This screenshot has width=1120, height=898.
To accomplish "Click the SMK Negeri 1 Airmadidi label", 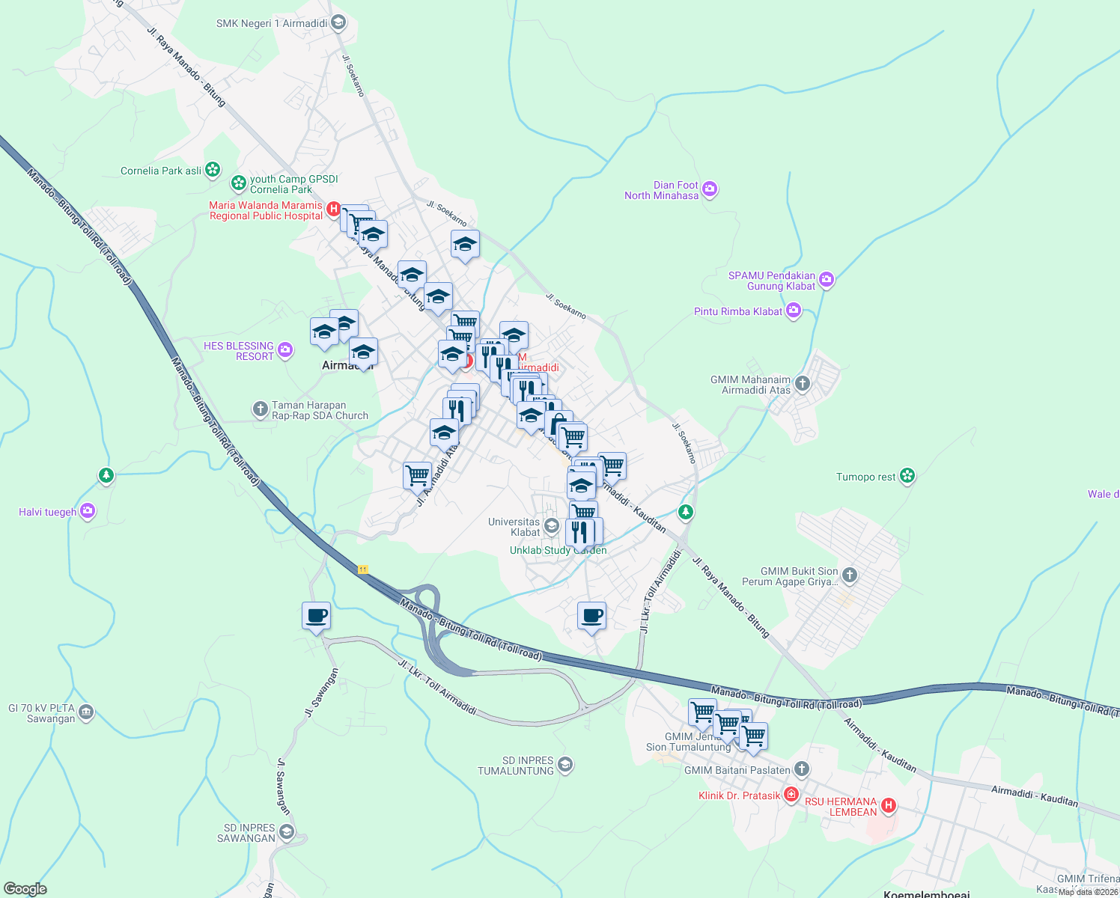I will tap(272, 23).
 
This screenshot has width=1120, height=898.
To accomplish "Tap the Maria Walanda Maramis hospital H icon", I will tap(335, 210).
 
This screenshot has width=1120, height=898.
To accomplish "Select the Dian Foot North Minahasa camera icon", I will tap(710, 189).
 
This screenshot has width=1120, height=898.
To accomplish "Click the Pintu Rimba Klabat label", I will tap(737, 311).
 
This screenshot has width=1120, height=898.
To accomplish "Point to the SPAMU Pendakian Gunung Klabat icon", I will tap(827, 280).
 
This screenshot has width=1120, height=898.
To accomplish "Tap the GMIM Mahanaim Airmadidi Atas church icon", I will tap(803, 384).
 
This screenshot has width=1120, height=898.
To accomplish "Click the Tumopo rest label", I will tap(865, 477).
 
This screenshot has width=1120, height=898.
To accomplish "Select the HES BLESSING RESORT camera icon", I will tap(284, 349).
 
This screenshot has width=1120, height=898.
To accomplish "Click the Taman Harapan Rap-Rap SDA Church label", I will tap(320, 410).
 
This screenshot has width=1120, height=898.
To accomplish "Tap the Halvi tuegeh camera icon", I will tap(88, 511).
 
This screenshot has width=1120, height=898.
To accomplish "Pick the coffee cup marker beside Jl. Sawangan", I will tap(316, 616).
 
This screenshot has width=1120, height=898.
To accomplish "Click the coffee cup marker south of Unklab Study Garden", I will tap(592, 616).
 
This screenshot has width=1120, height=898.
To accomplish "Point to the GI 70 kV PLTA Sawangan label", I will tap(41, 713).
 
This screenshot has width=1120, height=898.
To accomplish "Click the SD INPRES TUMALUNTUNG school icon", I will tap(565, 764).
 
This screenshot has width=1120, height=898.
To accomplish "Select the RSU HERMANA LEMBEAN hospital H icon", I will tap(889, 805).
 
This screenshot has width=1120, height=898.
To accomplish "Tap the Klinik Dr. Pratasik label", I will tap(739, 795).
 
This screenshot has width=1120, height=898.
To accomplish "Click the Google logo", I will tap(25, 889).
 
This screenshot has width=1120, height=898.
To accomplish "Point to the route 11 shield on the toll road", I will tap(363, 569).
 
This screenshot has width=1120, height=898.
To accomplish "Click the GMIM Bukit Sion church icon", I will tap(849, 575).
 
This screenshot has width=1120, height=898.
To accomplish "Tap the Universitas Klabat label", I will tap(514, 527).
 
